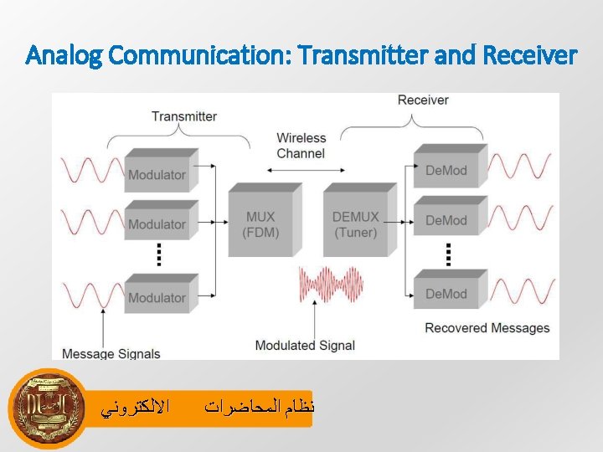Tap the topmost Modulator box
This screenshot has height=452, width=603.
click(158, 173)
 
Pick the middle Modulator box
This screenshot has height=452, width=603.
click(158, 223)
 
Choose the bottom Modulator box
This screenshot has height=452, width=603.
click(158, 296)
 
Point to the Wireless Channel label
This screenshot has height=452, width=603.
click(301, 146)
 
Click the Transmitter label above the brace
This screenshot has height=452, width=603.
click(183, 116)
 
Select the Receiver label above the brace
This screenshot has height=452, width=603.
click(423, 100)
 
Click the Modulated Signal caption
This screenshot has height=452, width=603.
click(305, 345)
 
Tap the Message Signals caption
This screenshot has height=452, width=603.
click(111, 353)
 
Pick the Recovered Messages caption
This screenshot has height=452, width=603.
click(487, 328)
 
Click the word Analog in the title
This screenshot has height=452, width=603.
click(65, 56)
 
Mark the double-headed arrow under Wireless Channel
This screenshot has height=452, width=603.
click(301, 170)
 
